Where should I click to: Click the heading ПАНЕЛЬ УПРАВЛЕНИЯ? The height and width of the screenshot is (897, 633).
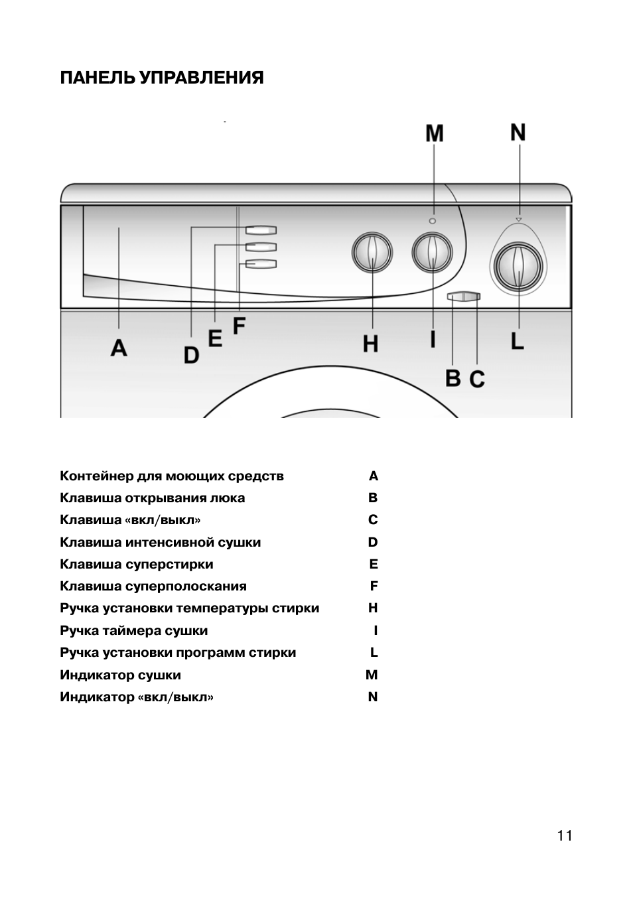[x=162, y=78]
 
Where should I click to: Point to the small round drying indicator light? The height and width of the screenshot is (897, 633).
[x=433, y=220]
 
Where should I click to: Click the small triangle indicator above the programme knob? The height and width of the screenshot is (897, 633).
[x=519, y=220]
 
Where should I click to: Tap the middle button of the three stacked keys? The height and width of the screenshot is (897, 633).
[x=261, y=247]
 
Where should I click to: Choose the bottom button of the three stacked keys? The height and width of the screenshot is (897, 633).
[x=261, y=264]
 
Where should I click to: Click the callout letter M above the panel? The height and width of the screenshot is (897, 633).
[x=435, y=133]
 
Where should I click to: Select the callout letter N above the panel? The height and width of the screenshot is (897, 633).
[x=518, y=132]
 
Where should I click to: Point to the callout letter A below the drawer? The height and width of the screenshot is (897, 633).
[x=119, y=348]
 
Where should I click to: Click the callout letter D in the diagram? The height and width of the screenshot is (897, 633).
[x=191, y=355]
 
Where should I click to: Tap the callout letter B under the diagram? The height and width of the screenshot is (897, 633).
[x=453, y=378]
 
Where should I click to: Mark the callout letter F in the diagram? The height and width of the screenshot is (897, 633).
[x=239, y=326]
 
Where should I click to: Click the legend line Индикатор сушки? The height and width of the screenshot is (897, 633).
[x=121, y=675]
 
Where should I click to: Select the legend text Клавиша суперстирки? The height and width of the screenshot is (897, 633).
[x=137, y=564]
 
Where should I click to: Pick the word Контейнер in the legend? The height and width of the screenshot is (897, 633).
[x=96, y=476]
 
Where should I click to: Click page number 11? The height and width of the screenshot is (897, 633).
[x=565, y=836]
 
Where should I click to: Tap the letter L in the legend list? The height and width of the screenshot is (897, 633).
[x=374, y=653]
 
